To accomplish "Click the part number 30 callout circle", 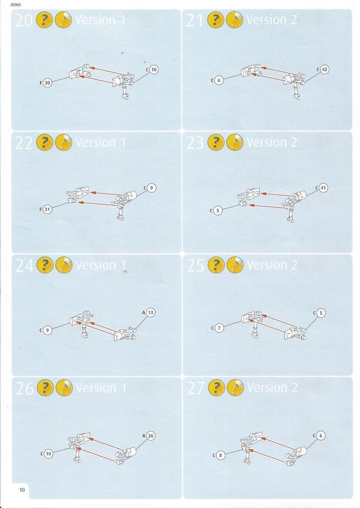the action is tap(47, 83).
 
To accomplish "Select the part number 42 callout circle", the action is tap(324, 69).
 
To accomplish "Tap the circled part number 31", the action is tap(47, 209).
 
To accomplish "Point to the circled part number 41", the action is tap(323, 188).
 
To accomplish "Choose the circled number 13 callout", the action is tap(150, 313).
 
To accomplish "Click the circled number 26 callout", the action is tap(150, 436).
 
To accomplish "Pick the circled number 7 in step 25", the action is tap(219, 328).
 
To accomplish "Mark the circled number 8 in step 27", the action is tap(220, 455).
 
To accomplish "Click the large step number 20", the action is tap(24, 20).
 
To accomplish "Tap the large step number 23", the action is tap(195, 142).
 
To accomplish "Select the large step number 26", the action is tap(24, 388).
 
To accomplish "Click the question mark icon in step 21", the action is tap(216, 20).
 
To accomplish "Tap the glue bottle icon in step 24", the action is tap(64, 265).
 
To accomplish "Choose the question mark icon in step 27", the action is tap(216, 387).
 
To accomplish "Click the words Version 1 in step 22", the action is tap(100, 142).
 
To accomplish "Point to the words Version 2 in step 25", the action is tap(272, 265).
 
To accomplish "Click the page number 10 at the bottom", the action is tap(22, 490).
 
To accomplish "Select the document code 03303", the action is tap(15, 5).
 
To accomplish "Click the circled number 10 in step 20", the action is tap(154, 69).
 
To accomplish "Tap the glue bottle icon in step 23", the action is tap(234, 142).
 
